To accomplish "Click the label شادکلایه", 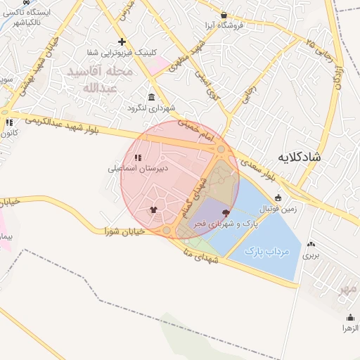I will click(x=298, y=157).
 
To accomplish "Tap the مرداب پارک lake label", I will click(x=264, y=251).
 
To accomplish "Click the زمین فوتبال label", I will click(x=278, y=209).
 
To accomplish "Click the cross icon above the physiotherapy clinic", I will click(x=122, y=41).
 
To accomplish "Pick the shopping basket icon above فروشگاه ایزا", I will click(x=224, y=14).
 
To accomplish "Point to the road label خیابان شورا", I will click(x=124, y=230).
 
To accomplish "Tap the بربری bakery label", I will click(x=311, y=256).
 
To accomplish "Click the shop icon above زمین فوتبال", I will click(x=278, y=198).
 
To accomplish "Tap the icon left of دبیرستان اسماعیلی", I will click(x=139, y=157).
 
